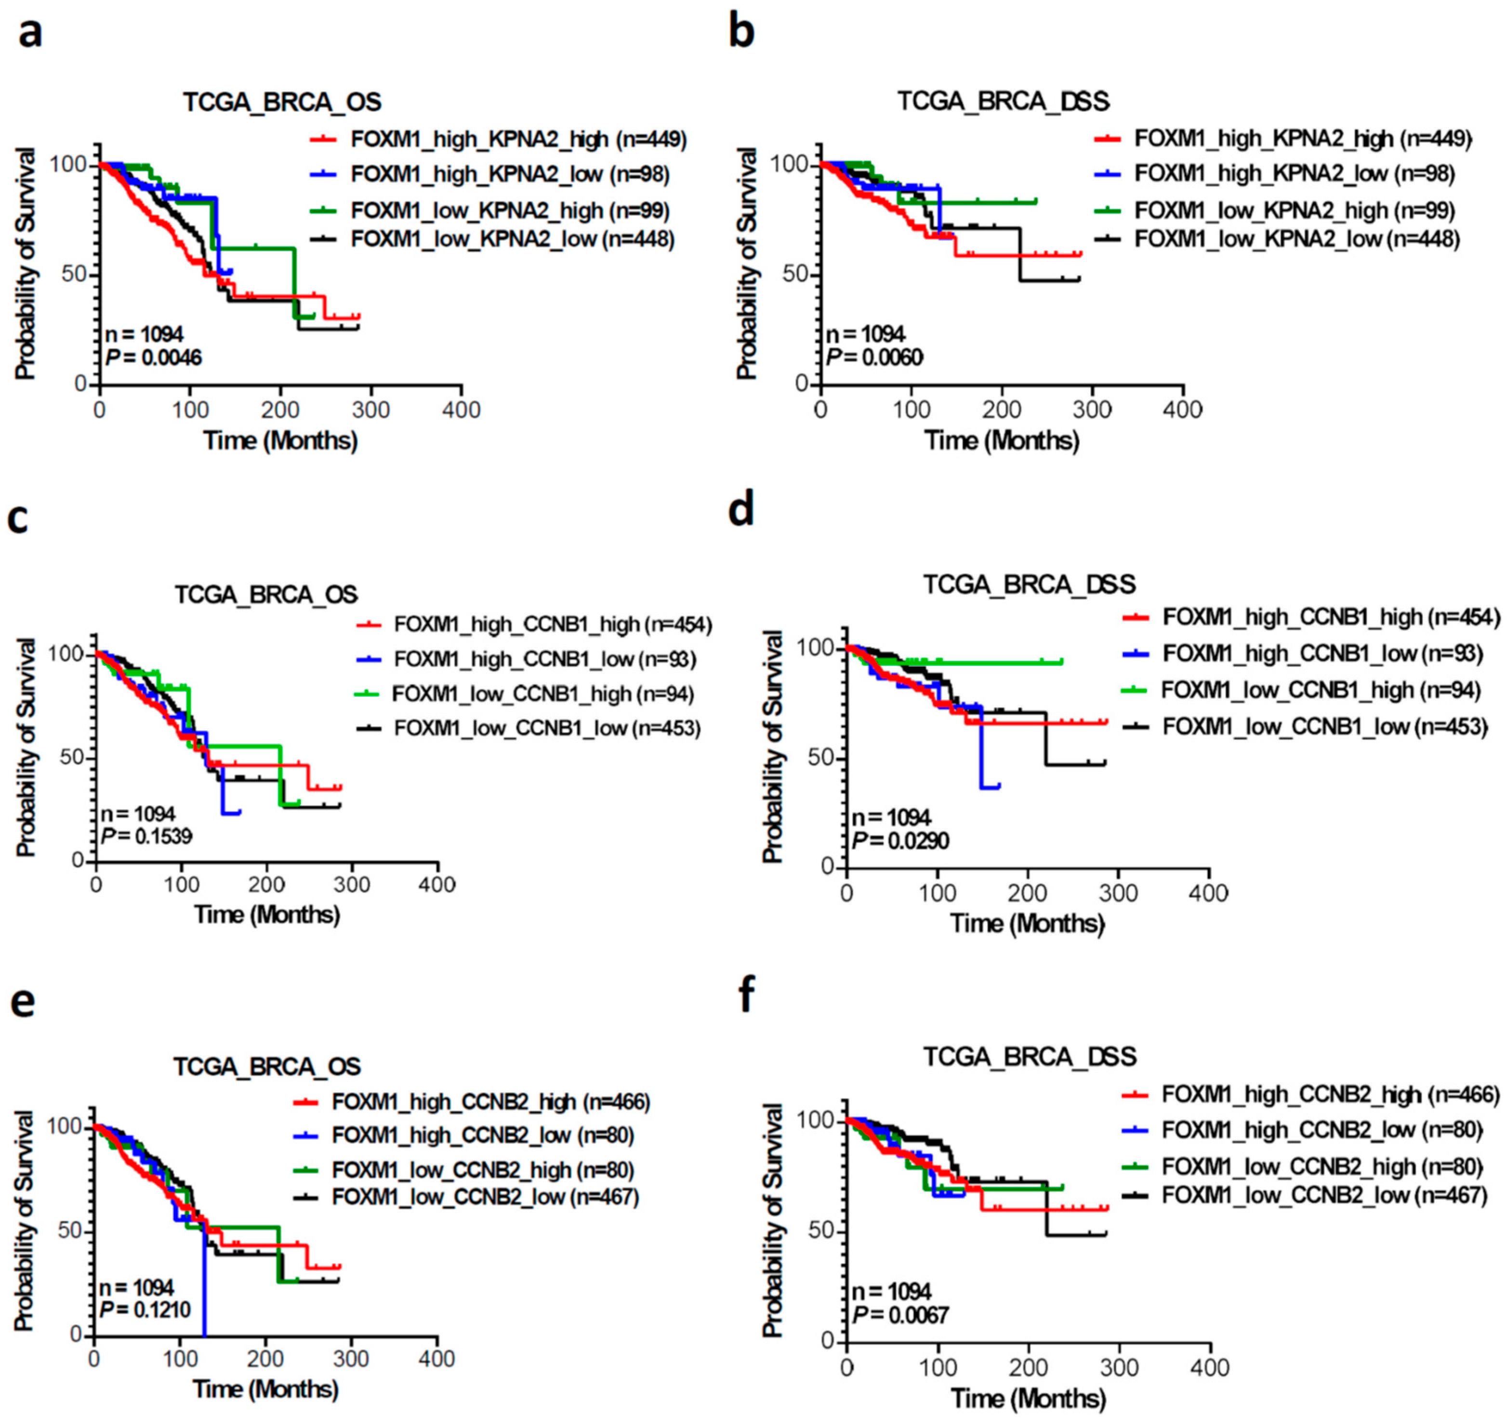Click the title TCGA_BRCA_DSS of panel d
point(1029,584)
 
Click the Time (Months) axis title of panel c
point(267,915)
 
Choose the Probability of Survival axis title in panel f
point(772,1220)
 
